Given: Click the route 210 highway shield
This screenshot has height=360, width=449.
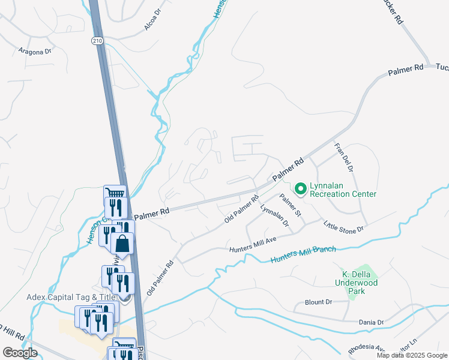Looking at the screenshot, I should [97, 40].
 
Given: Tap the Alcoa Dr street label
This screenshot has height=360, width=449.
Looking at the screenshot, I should [154, 19].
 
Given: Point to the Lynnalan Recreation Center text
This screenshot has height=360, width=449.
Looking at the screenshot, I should [343, 190].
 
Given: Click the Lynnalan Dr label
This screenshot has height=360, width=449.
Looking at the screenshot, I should [274, 216].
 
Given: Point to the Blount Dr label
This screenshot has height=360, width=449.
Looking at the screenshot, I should [318, 302].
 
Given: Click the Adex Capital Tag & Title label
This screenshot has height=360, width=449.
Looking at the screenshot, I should [70, 297].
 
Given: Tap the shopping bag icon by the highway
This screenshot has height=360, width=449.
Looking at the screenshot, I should [122, 244].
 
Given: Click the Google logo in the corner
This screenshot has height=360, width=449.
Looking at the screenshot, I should [19, 353].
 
